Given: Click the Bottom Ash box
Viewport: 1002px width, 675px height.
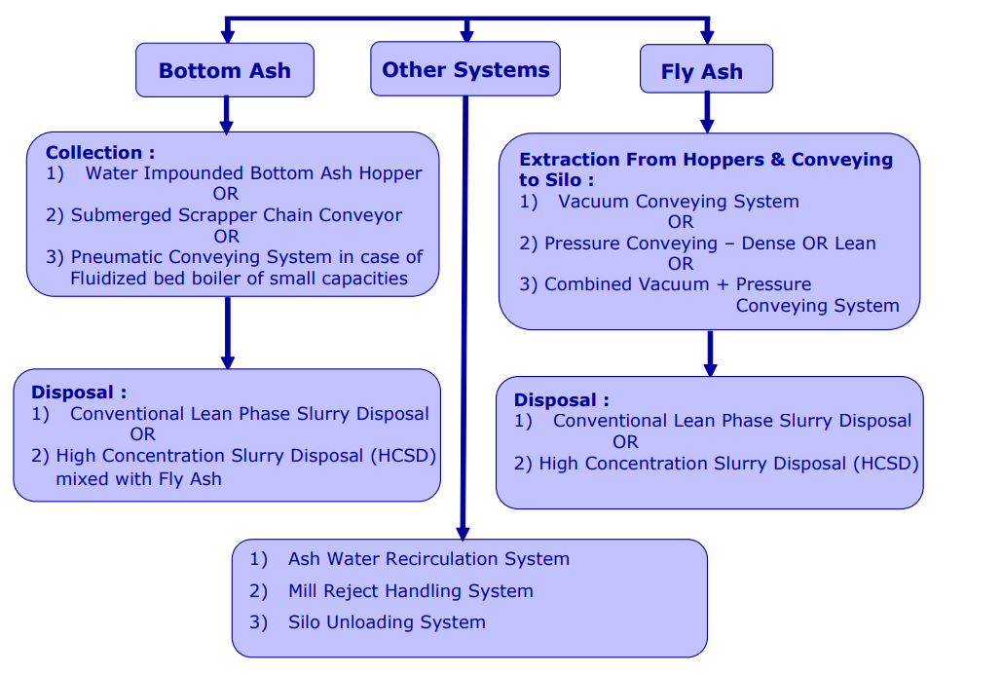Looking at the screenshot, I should pyautogui.click(x=225, y=70).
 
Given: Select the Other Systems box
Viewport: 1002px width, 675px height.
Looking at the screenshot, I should pyautogui.click(x=465, y=69).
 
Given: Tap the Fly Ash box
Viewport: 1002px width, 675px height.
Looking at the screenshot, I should pyautogui.click(x=702, y=71).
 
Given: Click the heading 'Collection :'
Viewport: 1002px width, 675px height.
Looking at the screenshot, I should pyautogui.click(x=99, y=153).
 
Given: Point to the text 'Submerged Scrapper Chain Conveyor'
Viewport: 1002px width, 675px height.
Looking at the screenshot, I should pyautogui.click(x=237, y=215).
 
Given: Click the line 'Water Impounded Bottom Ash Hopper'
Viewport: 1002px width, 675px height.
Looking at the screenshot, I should pyautogui.click(x=253, y=173).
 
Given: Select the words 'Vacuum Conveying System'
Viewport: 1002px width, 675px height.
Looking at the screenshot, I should pyautogui.click(x=678, y=202).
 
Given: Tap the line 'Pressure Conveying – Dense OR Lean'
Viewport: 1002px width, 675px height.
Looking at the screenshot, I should pyautogui.click(x=710, y=244).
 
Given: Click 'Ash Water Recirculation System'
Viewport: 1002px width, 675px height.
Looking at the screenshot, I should pyautogui.click(x=428, y=559).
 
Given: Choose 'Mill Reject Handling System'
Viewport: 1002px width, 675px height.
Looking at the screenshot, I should pyautogui.click(x=410, y=590).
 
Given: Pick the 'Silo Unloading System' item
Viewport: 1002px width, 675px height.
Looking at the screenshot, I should pyautogui.click(x=387, y=621).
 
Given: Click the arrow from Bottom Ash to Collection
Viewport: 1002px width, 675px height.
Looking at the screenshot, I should pyautogui.click(x=227, y=114).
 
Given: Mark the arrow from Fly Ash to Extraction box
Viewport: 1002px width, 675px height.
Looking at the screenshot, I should pyautogui.click(x=707, y=112).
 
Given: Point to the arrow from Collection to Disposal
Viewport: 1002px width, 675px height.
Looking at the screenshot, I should pyautogui.click(x=228, y=332).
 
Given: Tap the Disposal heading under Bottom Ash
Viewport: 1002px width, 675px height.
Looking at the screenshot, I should pyautogui.click(x=79, y=393).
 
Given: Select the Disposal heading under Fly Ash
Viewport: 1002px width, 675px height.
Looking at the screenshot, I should pyautogui.click(x=562, y=400).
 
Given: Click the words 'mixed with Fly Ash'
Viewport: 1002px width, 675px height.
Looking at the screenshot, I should pyautogui.click(x=138, y=478).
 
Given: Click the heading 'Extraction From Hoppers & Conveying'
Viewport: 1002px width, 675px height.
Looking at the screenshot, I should pyautogui.click(x=706, y=160).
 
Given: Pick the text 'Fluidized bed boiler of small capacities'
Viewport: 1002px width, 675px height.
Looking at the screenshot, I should pyautogui.click(x=239, y=279).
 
